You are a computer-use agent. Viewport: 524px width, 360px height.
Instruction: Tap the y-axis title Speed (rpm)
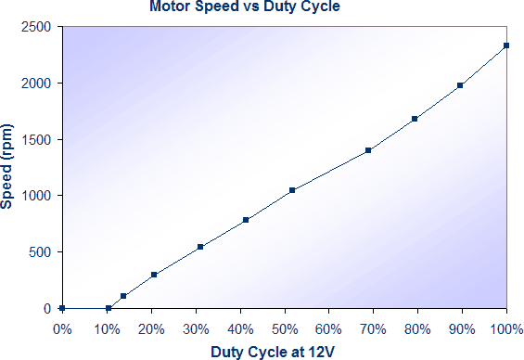[8, 167]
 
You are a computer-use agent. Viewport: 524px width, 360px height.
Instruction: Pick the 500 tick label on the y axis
[41, 251]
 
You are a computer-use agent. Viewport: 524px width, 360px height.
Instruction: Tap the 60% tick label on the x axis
[327, 328]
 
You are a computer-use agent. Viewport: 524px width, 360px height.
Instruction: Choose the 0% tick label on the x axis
[61, 328]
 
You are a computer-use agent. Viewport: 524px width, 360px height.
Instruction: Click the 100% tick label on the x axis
[505, 328]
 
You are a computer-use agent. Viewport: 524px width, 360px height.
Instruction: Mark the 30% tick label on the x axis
[195, 328]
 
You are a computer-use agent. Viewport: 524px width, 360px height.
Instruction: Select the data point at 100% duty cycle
[506, 45]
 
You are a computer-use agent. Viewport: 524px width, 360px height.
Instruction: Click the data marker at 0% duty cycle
[61, 308]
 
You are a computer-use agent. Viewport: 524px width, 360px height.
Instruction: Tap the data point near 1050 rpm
[292, 190]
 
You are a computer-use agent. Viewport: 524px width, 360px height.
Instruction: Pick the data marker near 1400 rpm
[368, 150]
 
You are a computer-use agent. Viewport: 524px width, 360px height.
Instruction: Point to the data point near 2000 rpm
[460, 85]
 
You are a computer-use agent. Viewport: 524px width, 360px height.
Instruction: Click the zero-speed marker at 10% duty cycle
[109, 308]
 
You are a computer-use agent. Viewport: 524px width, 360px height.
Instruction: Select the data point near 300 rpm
[154, 275]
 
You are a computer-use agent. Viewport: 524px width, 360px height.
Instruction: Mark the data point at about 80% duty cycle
[415, 119]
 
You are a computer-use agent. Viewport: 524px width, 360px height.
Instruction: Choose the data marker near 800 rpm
[246, 220]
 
